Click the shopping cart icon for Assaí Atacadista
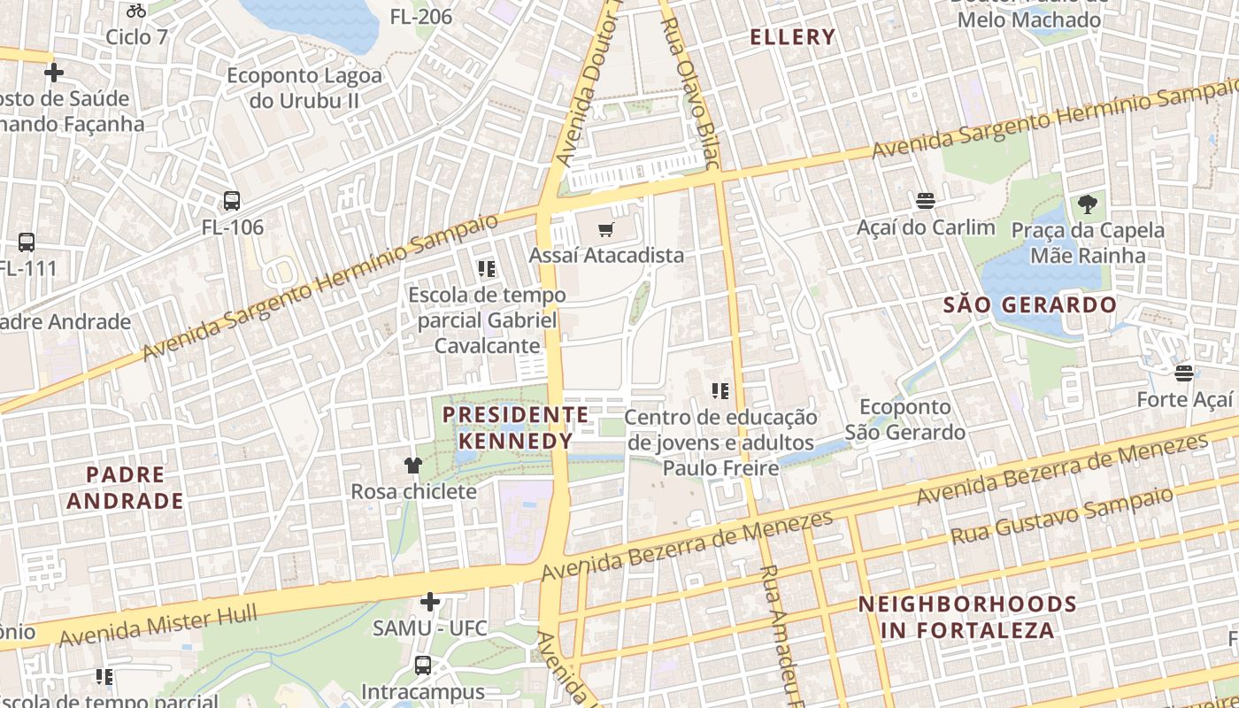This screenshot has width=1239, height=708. (605, 230)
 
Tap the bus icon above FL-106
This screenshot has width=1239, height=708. (232, 201)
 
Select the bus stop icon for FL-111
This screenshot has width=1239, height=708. (27, 242)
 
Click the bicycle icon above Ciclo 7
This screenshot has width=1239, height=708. (135, 11)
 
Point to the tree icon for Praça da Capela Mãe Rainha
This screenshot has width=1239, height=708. (1088, 205)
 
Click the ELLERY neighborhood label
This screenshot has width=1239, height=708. (792, 37)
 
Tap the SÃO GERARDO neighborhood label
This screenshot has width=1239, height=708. (1030, 305)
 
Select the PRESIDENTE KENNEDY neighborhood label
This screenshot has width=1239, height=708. (515, 427)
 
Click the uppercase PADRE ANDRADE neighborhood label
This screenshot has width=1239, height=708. (125, 488)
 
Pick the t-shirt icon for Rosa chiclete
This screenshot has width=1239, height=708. (413, 465)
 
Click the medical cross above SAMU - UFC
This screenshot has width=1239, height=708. (430, 603)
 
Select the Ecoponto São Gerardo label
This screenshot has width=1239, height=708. (904, 419)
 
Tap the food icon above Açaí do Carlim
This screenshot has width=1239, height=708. (926, 201)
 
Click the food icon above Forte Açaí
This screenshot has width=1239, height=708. (1184, 373)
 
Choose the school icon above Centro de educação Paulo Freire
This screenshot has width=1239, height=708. (720, 390)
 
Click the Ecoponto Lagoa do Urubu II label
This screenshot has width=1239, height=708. (304, 88)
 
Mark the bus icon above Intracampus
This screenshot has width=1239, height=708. (423, 665)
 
